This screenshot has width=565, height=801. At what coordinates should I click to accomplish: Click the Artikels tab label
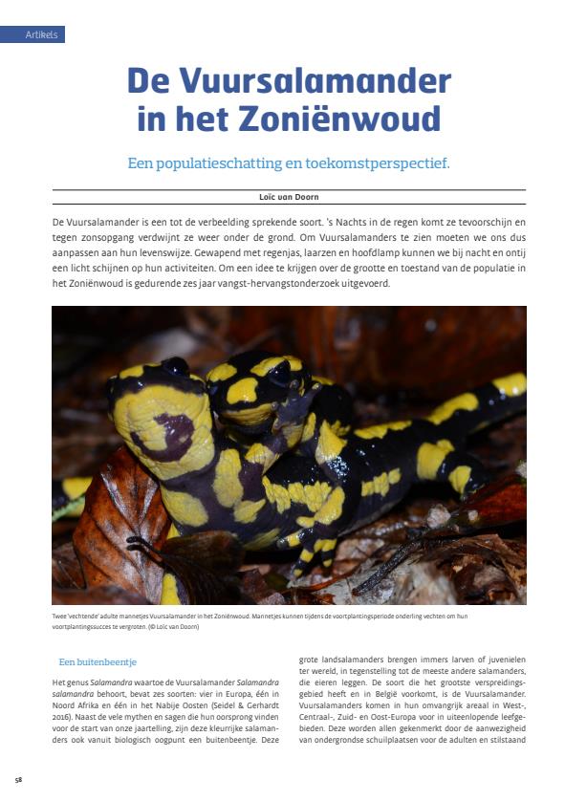tap(41, 35)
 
